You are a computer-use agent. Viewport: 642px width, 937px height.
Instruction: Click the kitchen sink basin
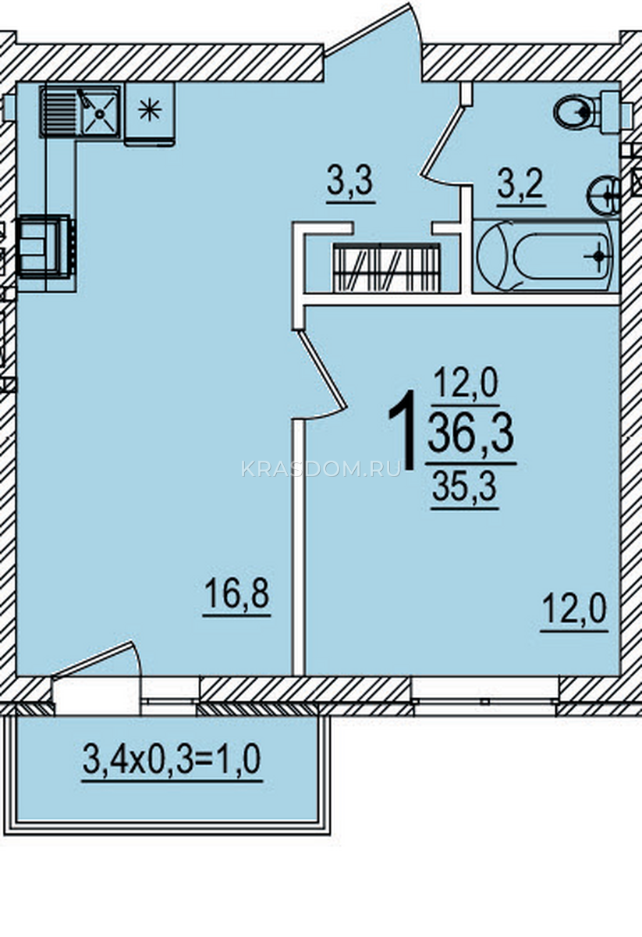tap(101, 112)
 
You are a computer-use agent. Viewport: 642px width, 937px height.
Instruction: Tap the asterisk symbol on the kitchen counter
tap(150, 110)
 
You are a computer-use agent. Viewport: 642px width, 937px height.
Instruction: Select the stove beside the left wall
tap(46, 247)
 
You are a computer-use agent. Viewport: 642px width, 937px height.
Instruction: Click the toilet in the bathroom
tap(585, 112)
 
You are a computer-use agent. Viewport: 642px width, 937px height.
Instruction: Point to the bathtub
tap(546, 256)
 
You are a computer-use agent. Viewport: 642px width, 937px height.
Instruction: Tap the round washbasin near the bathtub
tap(604, 196)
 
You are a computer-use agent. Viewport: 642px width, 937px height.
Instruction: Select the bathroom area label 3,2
tap(520, 186)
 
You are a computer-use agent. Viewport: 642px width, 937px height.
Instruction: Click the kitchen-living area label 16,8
tap(236, 594)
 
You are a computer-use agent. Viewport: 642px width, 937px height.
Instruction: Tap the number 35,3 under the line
tap(464, 487)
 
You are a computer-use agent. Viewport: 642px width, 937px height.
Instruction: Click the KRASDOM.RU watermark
tap(321, 469)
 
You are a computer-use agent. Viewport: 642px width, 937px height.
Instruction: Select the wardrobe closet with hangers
tap(387, 268)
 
